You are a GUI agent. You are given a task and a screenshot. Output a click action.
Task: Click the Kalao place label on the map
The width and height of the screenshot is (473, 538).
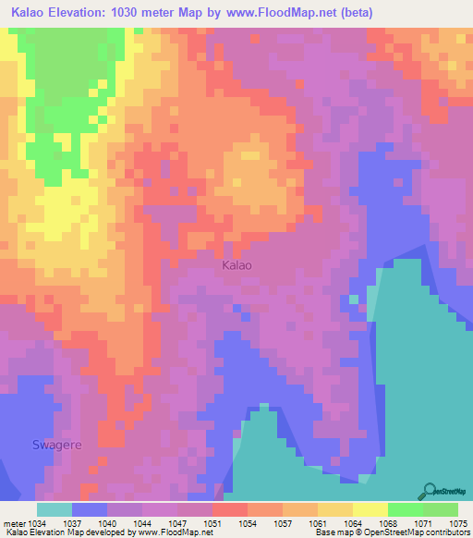pyautogui.click(x=237, y=265)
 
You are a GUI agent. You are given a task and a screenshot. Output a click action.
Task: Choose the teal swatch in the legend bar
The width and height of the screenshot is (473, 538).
pyautogui.click(x=55, y=509)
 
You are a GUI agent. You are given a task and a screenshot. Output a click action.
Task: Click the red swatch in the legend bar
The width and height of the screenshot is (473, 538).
pyautogui.click(x=230, y=509)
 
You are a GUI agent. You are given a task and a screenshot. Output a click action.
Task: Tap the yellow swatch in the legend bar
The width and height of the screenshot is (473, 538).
pyautogui.click(x=370, y=509)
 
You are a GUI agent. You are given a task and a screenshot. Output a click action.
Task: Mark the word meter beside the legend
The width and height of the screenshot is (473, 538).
pyautogui.click(x=14, y=522)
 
